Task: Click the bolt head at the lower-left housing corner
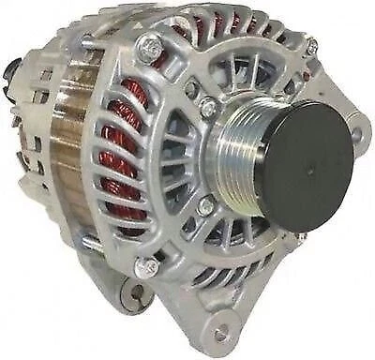pyautogui.click(x=144, y=261)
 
